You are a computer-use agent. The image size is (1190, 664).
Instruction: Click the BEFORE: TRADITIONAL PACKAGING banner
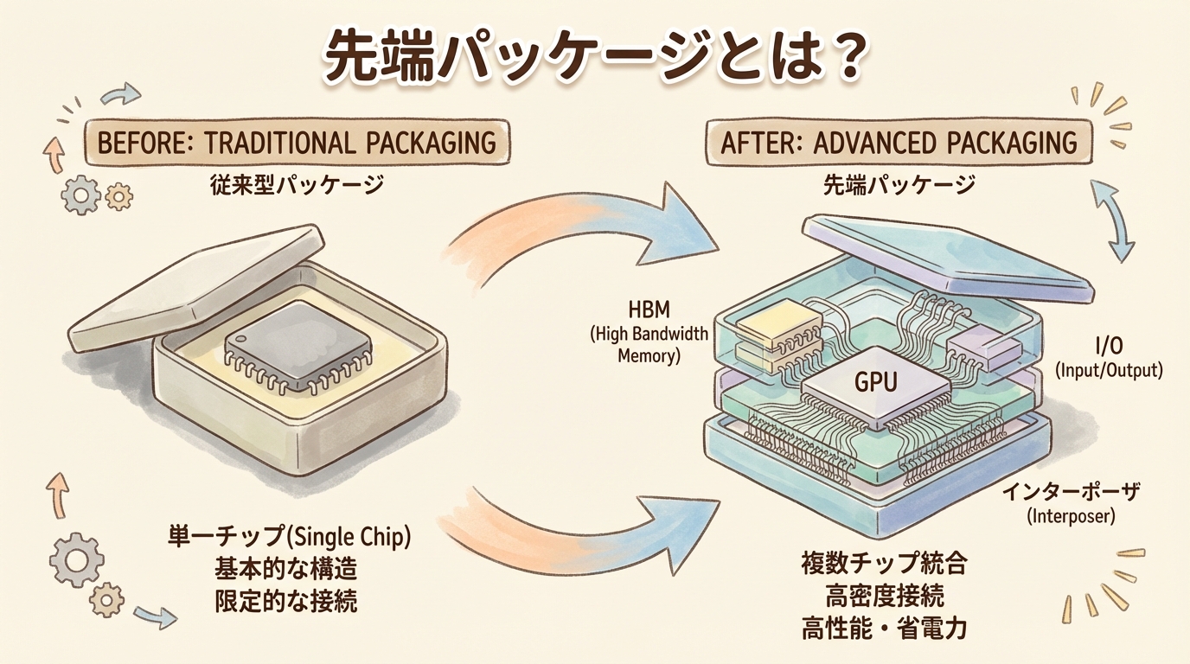coord(297,141)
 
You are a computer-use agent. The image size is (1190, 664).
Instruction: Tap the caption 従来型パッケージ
coord(297,184)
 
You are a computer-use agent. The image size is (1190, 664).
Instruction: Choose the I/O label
coord(1110,347)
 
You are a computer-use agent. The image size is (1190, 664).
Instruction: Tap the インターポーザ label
coord(1072,495)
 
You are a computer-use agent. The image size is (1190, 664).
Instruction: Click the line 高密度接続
coord(883,596)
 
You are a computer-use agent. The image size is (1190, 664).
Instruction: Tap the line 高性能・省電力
coord(883,629)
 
